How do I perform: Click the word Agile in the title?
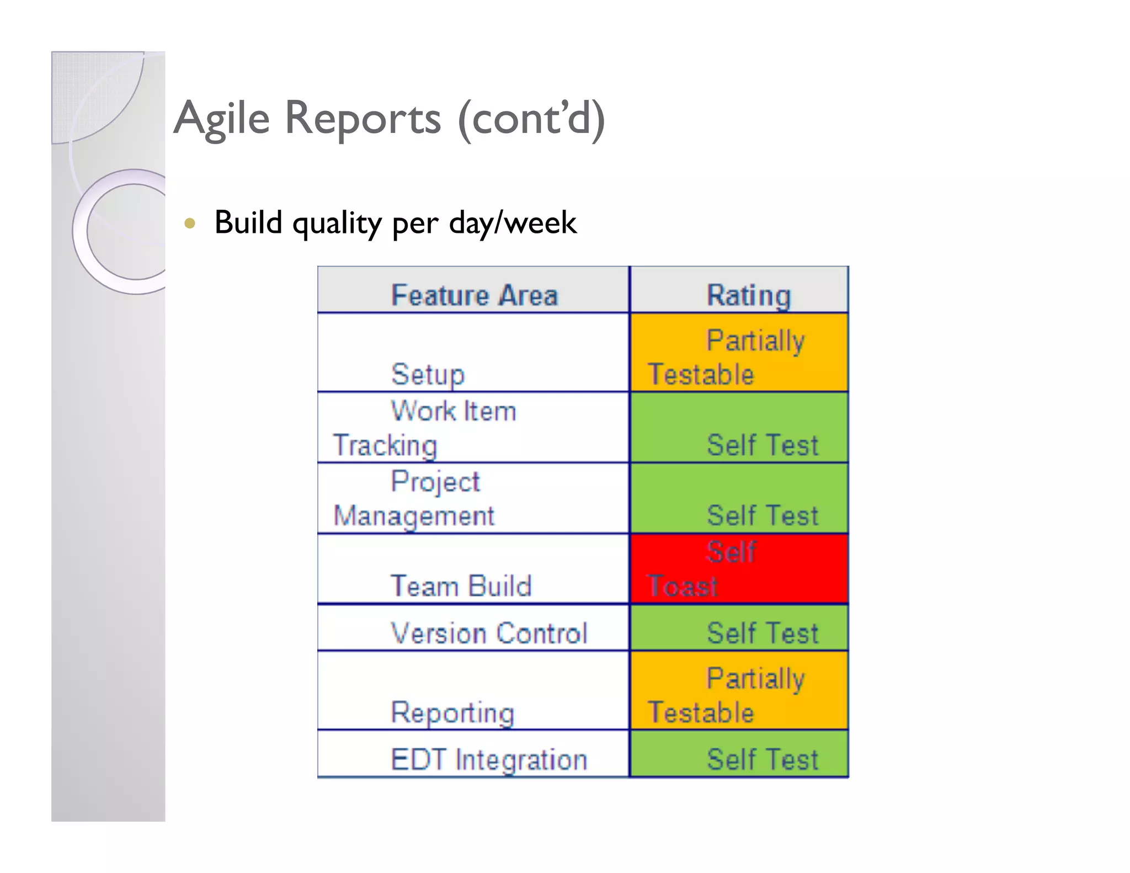click(222, 119)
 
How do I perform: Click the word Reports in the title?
click(363, 119)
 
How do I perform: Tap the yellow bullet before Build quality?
click(190, 223)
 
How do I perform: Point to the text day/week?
click(513, 223)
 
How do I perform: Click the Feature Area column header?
click(474, 295)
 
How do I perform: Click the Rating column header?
click(749, 295)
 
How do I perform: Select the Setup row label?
click(428, 374)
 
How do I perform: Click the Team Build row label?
click(461, 585)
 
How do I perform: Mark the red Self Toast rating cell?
click(739, 569)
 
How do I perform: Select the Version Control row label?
click(488, 632)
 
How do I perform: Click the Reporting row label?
click(452, 712)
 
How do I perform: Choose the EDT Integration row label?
click(488, 759)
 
